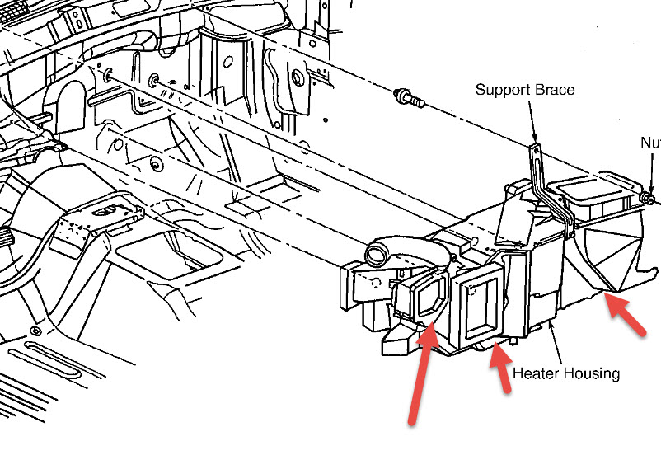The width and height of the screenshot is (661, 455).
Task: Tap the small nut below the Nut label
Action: [649, 198]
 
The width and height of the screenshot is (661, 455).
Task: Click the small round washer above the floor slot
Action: [35, 331]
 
